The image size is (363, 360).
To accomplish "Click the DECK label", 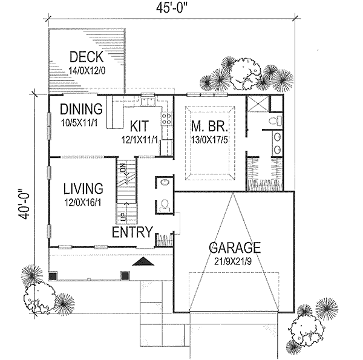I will click(87, 57).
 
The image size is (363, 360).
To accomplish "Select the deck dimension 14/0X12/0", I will click(87, 71).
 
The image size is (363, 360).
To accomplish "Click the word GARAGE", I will click(235, 247).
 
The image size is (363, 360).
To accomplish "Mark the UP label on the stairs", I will click(123, 215).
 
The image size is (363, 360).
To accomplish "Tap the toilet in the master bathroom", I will click(274, 122).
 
